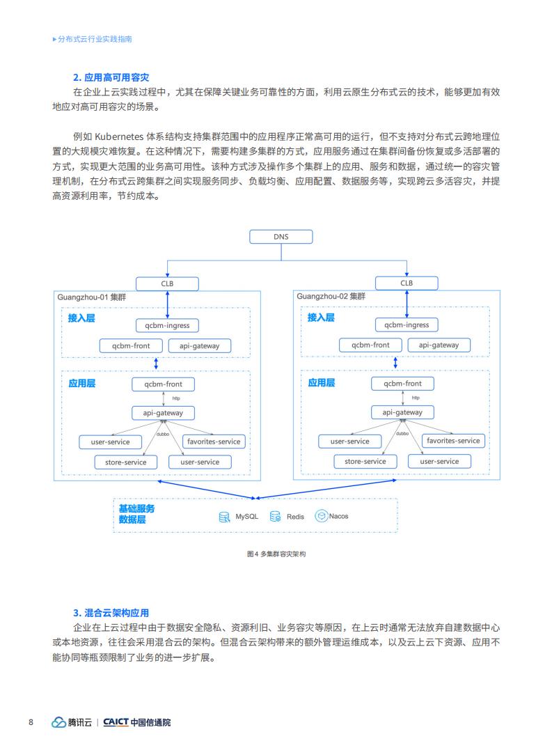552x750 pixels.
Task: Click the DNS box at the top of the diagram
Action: (x=281, y=237)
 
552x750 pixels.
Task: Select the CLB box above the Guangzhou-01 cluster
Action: (x=167, y=283)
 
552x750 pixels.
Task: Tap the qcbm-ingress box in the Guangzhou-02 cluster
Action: (x=407, y=325)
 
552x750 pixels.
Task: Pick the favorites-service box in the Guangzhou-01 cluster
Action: (x=214, y=442)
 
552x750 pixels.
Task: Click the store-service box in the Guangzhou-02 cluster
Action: (x=365, y=461)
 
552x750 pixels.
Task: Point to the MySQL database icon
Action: (x=224, y=517)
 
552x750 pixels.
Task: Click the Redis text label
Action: (x=295, y=517)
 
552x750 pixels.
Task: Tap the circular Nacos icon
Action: (x=321, y=515)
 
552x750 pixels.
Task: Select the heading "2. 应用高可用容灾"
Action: (x=111, y=77)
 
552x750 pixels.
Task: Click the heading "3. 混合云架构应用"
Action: (x=111, y=613)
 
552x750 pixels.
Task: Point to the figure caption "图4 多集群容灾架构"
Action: (x=276, y=554)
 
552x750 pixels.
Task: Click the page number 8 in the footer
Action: (x=31, y=722)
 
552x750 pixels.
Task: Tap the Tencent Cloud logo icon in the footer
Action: (x=58, y=722)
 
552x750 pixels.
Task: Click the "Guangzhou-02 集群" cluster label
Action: (x=331, y=296)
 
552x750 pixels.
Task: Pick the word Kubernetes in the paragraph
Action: (x=119, y=136)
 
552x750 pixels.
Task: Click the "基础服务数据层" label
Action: (x=136, y=514)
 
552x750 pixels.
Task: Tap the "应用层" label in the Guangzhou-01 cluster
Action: (x=81, y=383)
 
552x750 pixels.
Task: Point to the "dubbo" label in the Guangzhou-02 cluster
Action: (x=402, y=433)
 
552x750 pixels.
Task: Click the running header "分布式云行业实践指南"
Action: (x=95, y=39)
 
